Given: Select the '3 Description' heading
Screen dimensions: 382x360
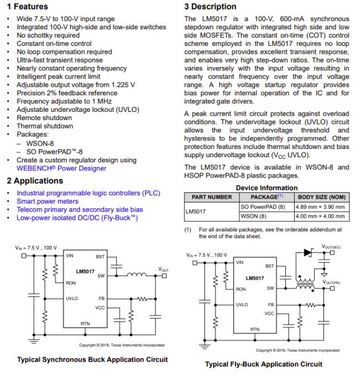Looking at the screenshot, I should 209,7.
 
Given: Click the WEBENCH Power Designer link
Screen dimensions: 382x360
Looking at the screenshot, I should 61,168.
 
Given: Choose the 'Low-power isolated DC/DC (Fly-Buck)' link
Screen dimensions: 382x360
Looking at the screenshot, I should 77,218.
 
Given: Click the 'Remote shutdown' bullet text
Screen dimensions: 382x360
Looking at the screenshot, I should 45,118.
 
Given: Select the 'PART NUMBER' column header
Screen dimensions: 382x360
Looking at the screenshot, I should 211,197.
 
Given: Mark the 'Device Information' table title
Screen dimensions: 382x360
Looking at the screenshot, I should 266,187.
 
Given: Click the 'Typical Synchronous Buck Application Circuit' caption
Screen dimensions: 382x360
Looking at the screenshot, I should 92,359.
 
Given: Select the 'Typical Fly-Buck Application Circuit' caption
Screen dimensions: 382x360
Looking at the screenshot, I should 263,364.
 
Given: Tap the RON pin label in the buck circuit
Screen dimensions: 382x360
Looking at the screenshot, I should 71,283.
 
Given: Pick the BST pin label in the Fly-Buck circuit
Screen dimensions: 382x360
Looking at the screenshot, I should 270,266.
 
